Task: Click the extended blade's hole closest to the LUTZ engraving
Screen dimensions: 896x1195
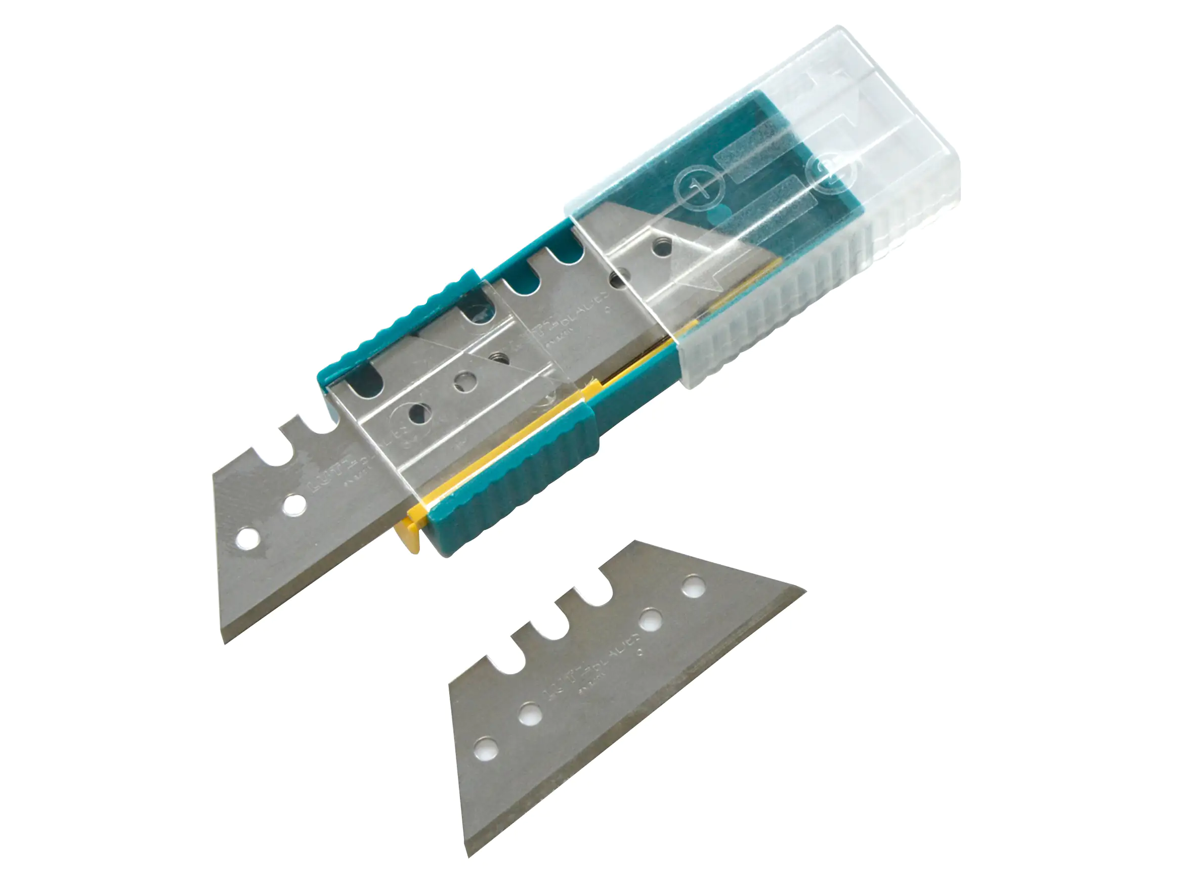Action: tap(294, 505)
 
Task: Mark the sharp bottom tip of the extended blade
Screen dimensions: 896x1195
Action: tap(224, 643)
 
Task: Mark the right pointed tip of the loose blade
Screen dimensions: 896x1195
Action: tap(805, 590)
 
